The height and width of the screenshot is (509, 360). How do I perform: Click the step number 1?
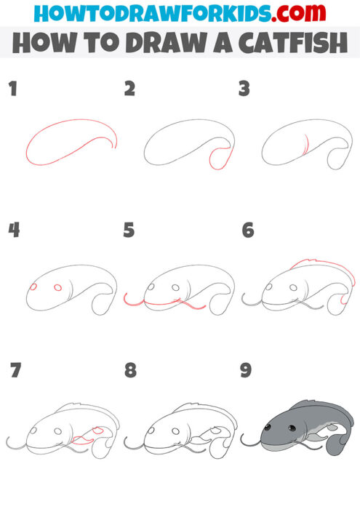pyautogui.click(x=12, y=89)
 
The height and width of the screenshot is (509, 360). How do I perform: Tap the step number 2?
pyautogui.click(x=129, y=89)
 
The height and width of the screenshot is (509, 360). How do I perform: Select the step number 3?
pyautogui.click(x=244, y=89)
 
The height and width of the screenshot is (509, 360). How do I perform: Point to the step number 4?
pyautogui.click(x=13, y=231)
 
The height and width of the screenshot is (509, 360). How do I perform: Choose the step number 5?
pyautogui.click(x=129, y=231)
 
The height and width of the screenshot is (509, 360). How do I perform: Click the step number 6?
pyautogui.click(x=247, y=231)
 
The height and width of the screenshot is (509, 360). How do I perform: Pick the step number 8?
pyautogui.click(x=130, y=370)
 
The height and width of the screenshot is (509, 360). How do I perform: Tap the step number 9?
pyautogui.click(x=246, y=370)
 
